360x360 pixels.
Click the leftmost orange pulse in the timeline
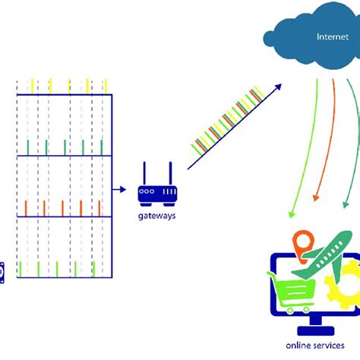26,207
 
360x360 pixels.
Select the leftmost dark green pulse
28,146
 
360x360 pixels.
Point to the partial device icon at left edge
2,270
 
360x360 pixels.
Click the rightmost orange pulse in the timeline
99,207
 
